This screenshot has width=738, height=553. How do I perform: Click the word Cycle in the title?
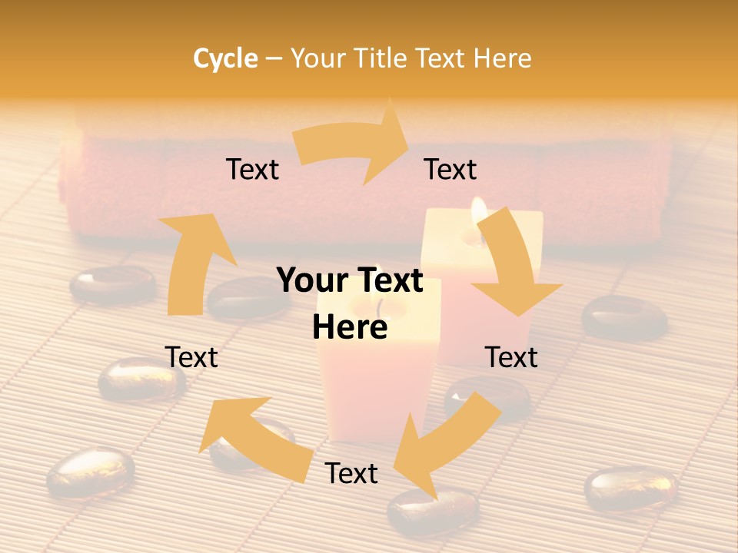click(x=225, y=58)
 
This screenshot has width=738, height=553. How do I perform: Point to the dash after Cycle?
click(x=274, y=58)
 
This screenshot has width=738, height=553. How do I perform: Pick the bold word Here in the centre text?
click(x=350, y=328)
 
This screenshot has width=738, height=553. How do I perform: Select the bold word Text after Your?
click(x=391, y=280)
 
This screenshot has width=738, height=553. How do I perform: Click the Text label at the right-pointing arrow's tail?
click(x=252, y=169)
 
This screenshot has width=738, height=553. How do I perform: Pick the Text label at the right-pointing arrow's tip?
click(x=450, y=169)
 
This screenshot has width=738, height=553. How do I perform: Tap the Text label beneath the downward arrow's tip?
click(x=511, y=357)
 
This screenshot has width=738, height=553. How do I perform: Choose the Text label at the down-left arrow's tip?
click(x=351, y=473)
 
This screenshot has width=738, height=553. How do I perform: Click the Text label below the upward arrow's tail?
click(x=191, y=357)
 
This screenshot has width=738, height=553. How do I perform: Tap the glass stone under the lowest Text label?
click(x=430, y=511)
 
